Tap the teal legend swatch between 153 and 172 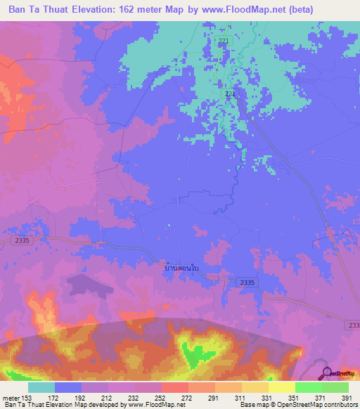41,387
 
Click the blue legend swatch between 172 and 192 68,387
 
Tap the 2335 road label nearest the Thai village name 248,281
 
